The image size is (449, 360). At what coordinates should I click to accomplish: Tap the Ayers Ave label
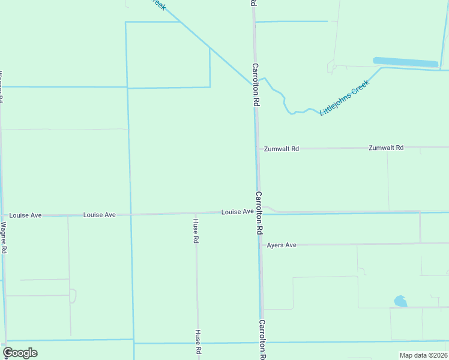click(x=282, y=245)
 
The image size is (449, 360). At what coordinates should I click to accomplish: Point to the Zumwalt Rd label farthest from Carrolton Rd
click(x=386, y=147)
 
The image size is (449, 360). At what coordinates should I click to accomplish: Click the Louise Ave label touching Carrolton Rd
click(x=237, y=212)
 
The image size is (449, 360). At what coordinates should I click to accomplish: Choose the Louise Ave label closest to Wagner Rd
click(x=25, y=215)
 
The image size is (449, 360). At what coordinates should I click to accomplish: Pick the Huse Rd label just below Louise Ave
click(x=196, y=231)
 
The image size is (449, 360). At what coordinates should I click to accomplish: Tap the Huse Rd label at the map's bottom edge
click(x=197, y=341)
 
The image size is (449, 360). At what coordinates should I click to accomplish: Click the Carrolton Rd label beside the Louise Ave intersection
click(x=259, y=212)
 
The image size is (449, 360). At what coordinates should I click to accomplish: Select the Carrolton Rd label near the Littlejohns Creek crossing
click(x=255, y=85)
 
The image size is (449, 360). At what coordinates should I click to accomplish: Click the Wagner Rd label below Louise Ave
click(x=4, y=238)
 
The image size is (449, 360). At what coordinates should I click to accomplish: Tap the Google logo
click(x=20, y=353)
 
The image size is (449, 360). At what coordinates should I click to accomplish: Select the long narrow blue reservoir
click(x=405, y=62)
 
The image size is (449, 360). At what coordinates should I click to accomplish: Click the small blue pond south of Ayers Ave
click(x=400, y=301)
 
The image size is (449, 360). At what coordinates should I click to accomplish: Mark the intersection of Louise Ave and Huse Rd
click(x=196, y=213)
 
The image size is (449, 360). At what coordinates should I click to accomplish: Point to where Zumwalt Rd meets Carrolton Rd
click(x=258, y=148)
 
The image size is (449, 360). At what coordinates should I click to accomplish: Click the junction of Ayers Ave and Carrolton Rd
click(x=260, y=245)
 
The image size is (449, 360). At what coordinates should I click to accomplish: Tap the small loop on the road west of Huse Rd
click(x=73, y=296)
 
